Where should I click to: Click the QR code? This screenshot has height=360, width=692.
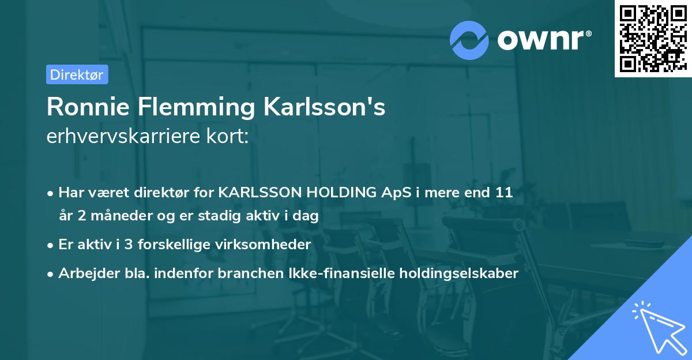pyautogui.click(x=653, y=39)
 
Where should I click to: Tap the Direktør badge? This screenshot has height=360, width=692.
pyautogui.click(x=77, y=74)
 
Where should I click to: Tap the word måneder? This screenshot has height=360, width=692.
pyautogui.click(x=115, y=216)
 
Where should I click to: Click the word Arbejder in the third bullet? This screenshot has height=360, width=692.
pyautogui.click(x=84, y=273)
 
